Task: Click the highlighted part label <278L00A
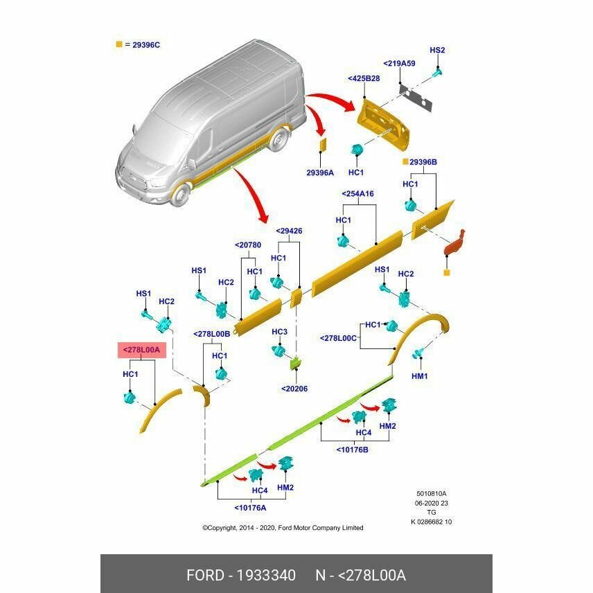tap(142, 350)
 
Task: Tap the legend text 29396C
tap(146, 45)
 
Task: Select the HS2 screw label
tap(437, 51)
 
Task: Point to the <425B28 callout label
tap(364, 78)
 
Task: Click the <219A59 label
tap(399, 63)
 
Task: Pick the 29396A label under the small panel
tap(320, 172)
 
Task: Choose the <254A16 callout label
tap(357, 194)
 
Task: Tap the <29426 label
tap(289, 231)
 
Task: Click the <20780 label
tap(248, 245)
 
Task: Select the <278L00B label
tap(211, 334)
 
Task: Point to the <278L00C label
tap(338, 338)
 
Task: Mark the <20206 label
tap(294, 389)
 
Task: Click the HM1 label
tap(419, 376)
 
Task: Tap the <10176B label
tap(352, 450)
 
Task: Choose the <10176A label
tap(250, 508)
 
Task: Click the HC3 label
tap(279, 332)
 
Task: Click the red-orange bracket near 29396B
tap(454, 243)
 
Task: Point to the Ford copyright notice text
tap(283, 528)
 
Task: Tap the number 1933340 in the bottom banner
tap(266, 575)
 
